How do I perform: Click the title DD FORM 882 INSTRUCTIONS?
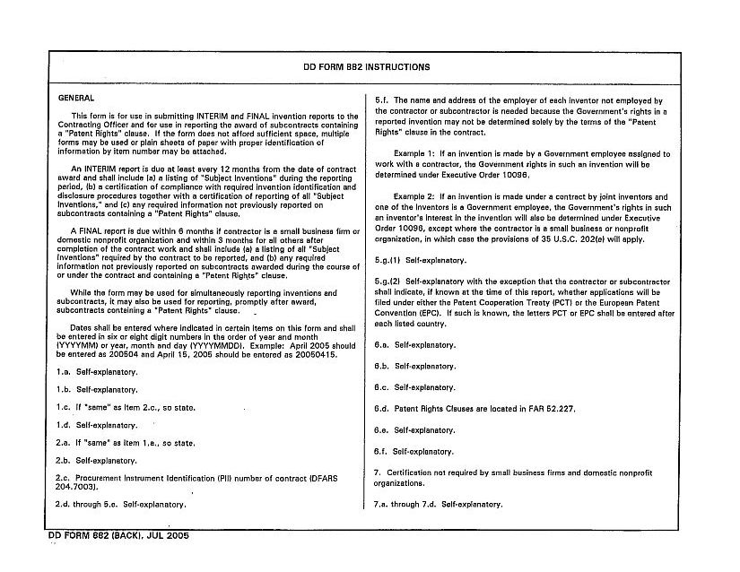coord(367,67)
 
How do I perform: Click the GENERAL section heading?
coord(76,98)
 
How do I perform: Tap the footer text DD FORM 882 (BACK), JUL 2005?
coord(118,535)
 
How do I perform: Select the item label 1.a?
coord(65,372)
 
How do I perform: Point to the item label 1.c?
coord(65,408)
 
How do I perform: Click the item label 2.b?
coord(65,461)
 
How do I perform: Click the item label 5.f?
coord(380,100)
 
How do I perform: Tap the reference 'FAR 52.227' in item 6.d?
coord(553,409)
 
